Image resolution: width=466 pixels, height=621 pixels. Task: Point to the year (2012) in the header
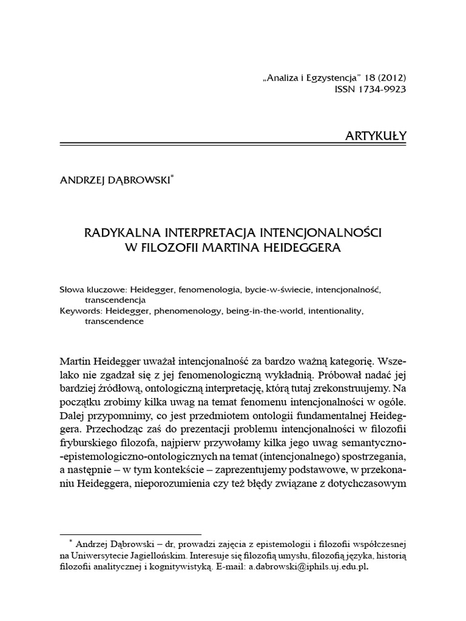pyautogui.click(x=389, y=78)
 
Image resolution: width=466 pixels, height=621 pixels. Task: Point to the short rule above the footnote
pyautogui.click(x=130, y=534)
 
